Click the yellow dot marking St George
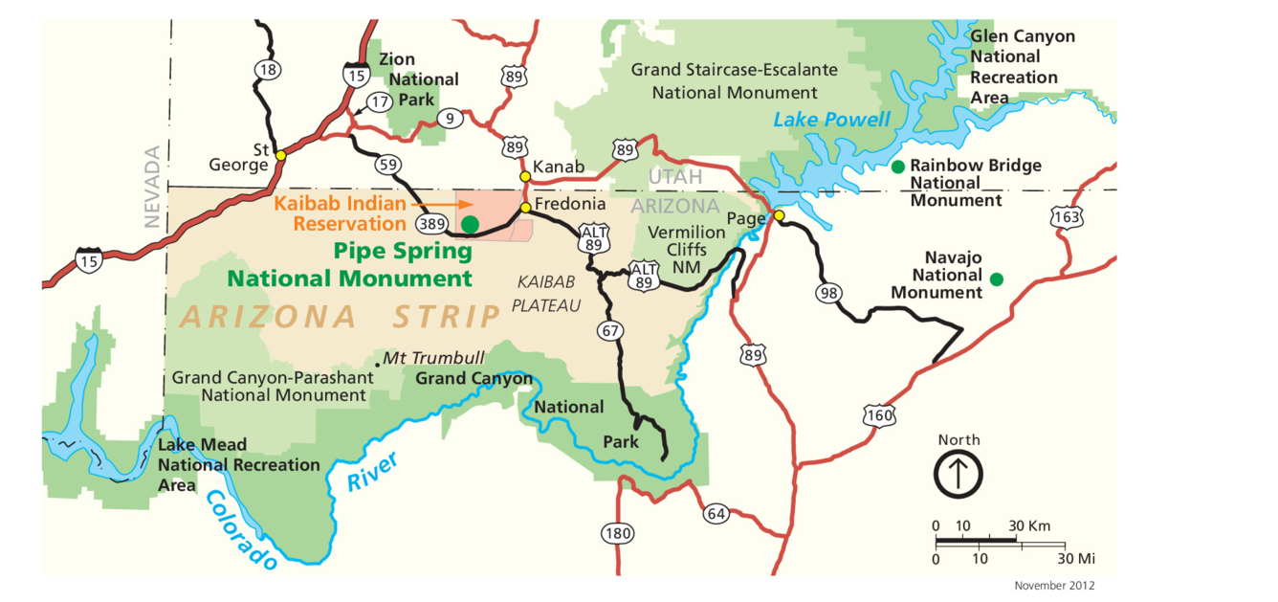click(x=280, y=155)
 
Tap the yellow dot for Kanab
click(x=524, y=176)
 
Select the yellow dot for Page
click(x=779, y=215)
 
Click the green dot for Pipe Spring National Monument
click(x=470, y=224)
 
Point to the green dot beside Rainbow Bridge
click(x=897, y=167)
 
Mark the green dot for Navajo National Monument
click(x=997, y=279)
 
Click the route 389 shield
click(x=430, y=224)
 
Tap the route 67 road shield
click(x=610, y=331)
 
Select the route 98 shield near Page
click(x=828, y=292)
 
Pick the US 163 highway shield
click(x=1067, y=218)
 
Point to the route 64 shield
click(x=716, y=513)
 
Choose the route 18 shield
click(x=268, y=69)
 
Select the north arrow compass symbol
click(x=958, y=474)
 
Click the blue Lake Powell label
click(x=831, y=120)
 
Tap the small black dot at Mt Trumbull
click(x=378, y=363)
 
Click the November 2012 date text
click(x=1054, y=585)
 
